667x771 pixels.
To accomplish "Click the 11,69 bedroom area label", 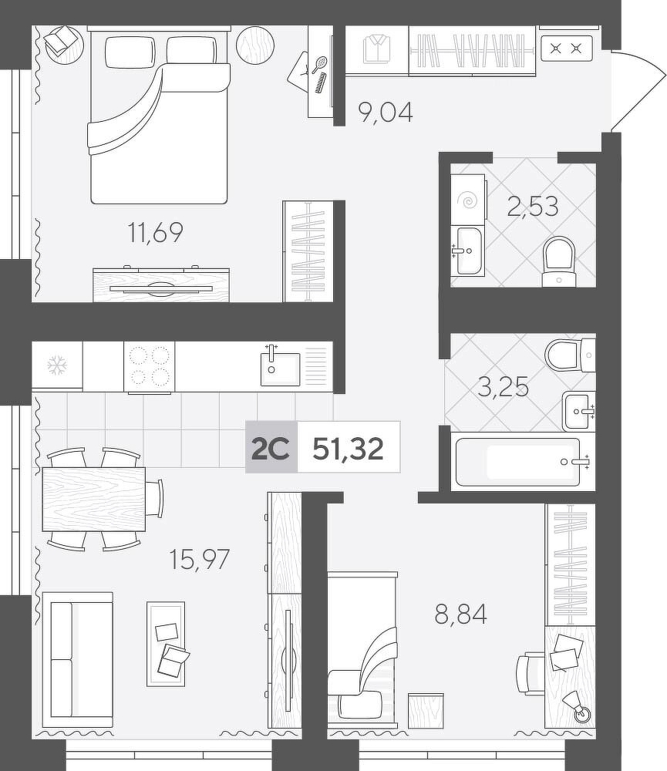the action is (x=155, y=233).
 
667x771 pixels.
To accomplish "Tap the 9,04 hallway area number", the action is (x=386, y=112).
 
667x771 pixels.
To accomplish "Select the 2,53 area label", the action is (x=533, y=206).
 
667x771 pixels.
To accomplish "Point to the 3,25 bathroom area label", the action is (x=504, y=386).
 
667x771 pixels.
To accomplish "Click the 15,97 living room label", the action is (x=199, y=559).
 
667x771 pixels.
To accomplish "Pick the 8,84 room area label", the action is (x=461, y=614).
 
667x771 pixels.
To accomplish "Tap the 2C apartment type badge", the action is (x=271, y=448).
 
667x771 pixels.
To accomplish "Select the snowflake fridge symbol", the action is (x=57, y=365).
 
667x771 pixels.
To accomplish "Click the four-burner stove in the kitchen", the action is (x=150, y=366).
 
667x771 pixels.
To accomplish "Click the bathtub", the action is (x=522, y=462).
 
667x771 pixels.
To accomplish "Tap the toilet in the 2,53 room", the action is (x=559, y=261).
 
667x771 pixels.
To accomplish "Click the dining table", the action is (x=94, y=499).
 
